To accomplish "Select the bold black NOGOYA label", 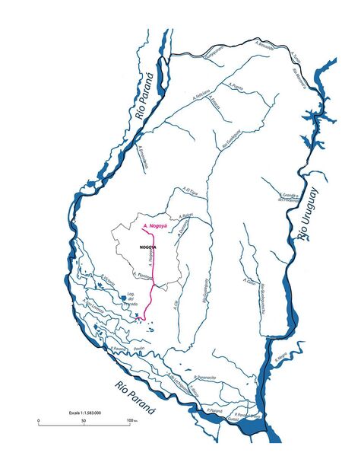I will tap(148, 248).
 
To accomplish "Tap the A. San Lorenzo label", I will tap(93, 305).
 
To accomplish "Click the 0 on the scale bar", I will tap(39, 421).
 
